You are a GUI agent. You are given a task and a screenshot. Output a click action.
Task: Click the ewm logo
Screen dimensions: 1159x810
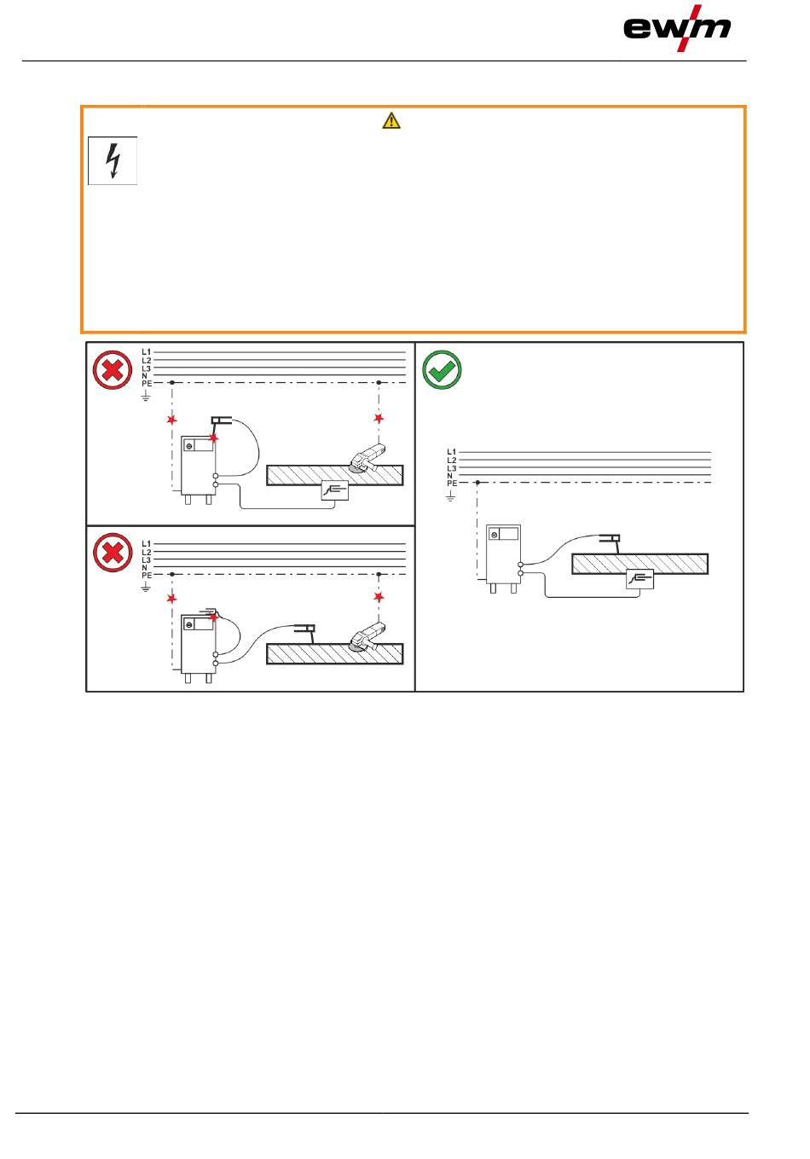pyautogui.click(x=677, y=28)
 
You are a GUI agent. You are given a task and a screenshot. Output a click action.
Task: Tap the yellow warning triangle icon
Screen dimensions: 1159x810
pyautogui.click(x=391, y=121)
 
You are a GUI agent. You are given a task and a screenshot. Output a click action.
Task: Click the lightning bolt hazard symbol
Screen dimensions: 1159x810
pyautogui.click(x=113, y=160)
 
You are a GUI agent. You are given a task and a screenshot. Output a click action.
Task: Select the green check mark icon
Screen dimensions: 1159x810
pyautogui.click(x=442, y=369)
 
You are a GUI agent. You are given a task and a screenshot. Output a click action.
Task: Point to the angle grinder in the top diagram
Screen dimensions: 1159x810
pyautogui.click(x=367, y=457)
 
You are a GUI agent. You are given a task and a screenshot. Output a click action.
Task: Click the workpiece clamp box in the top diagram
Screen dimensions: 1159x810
pyautogui.click(x=335, y=490)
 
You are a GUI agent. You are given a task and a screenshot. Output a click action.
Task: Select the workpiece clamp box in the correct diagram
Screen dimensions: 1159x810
pyautogui.click(x=639, y=579)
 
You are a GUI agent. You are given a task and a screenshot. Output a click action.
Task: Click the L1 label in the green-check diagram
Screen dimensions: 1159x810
pyautogui.click(x=451, y=452)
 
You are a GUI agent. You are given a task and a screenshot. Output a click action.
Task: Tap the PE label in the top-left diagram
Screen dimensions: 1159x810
pyautogui.click(x=146, y=384)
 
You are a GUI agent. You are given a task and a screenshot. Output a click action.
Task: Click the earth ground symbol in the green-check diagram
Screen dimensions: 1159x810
pyautogui.click(x=451, y=495)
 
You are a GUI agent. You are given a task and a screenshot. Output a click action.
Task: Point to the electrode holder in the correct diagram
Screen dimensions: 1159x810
pyautogui.click(x=610, y=538)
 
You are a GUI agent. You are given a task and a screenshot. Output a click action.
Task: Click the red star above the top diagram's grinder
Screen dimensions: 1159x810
pyautogui.click(x=379, y=418)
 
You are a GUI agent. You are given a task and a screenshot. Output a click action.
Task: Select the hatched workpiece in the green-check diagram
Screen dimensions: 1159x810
pyautogui.click(x=639, y=563)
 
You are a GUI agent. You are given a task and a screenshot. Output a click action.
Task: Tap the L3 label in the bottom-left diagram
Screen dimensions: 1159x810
pyautogui.click(x=146, y=559)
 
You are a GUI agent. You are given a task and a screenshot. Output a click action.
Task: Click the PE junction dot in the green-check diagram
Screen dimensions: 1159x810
pyautogui.click(x=477, y=484)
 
